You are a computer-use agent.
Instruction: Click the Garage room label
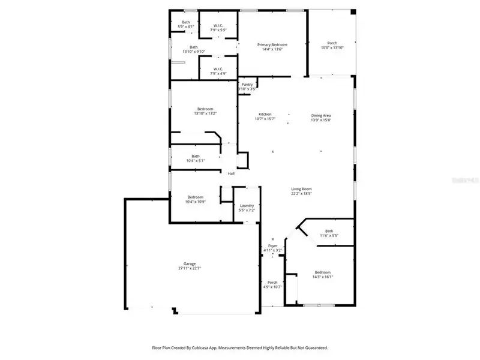click(x=189, y=264)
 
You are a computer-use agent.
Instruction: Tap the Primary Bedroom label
click(x=272, y=45)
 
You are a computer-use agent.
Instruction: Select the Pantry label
click(x=247, y=85)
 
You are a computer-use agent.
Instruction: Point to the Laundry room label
click(x=247, y=206)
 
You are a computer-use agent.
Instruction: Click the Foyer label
click(x=273, y=246)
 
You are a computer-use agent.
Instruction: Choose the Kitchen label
click(x=265, y=114)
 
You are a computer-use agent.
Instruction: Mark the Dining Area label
click(x=321, y=115)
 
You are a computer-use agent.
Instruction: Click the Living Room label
click(x=301, y=189)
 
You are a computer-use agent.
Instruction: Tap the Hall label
click(x=230, y=174)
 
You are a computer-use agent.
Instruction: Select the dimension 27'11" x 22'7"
click(x=189, y=269)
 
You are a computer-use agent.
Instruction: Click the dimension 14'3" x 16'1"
click(x=323, y=277)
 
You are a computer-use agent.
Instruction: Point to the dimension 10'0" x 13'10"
click(x=332, y=48)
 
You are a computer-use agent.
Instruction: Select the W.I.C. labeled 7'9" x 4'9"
click(x=217, y=73)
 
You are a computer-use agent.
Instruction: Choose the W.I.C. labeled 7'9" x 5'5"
click(x=217, y=29)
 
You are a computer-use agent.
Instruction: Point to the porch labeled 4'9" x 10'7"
click(x=272, y=285)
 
